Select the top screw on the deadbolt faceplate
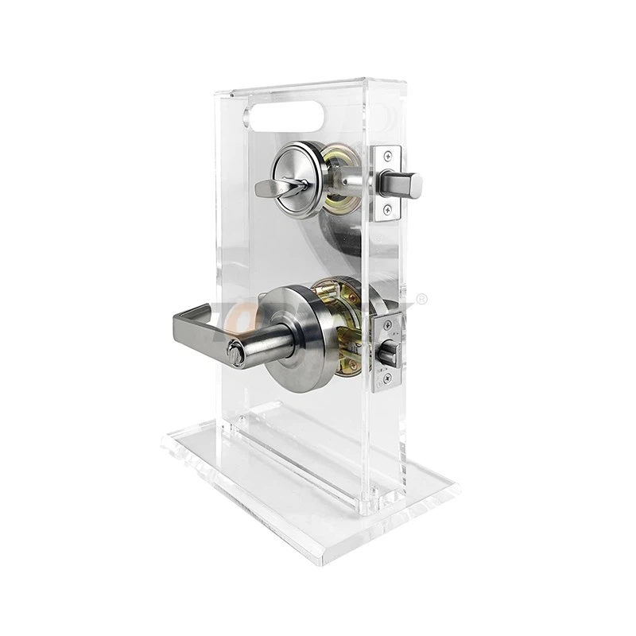click(x=388, y=155)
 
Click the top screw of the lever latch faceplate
click(x=388, y=324)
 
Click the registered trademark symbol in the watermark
click(x=423, y=299)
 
